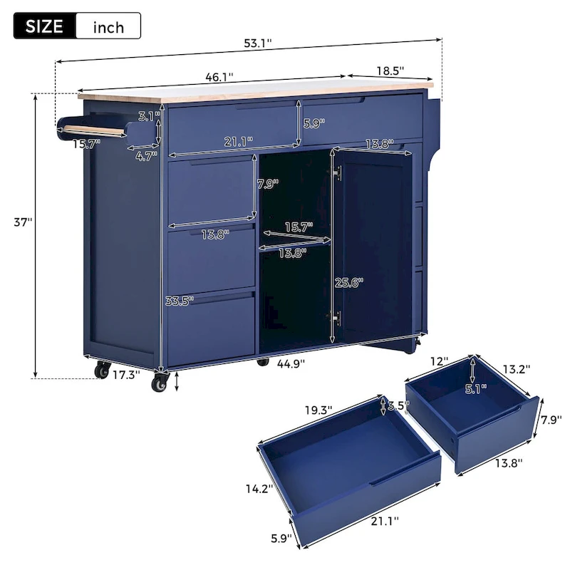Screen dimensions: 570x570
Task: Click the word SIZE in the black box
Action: tap(44, 27)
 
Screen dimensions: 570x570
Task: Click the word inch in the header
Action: tap(108, 28)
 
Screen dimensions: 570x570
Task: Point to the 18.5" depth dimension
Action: tap(389, 71)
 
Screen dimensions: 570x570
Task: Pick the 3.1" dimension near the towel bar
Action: tap(149, 115)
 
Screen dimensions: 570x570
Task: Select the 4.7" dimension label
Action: tap(146, 157)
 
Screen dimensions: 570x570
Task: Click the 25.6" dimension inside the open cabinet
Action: tap(348, 282)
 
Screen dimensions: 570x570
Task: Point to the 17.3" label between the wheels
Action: tap(126, 373)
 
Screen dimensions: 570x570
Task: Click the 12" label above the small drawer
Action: tap(440, 362)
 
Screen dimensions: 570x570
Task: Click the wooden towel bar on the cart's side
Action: tap(90, 130)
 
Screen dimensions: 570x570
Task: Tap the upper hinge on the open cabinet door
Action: tap(337, 174)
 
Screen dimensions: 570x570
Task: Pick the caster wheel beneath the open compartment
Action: tap(262, 362)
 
